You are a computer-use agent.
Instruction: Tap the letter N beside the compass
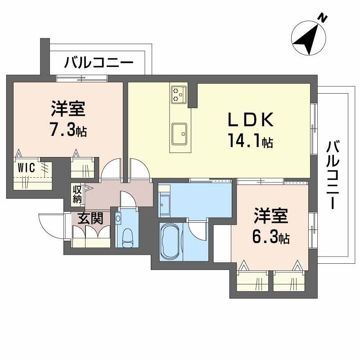(x=322, y=17)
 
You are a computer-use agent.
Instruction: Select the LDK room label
(x=250, y=120)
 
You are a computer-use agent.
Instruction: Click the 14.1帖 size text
(x=250, y=142)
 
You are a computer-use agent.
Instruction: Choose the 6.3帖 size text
(x=270, y=237)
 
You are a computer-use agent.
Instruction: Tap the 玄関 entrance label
(x=90, y=218)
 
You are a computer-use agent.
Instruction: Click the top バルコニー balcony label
(x=99, y=62)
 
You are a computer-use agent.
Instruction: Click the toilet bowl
(x=127, y=237)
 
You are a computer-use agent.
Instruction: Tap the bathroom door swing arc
(x=197, y=231)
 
